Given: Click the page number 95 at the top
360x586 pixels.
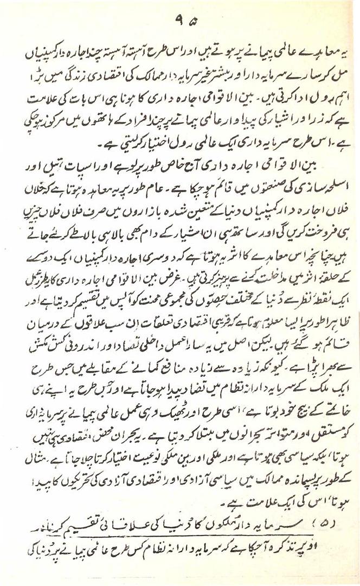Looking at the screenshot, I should tap(179, 22).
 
